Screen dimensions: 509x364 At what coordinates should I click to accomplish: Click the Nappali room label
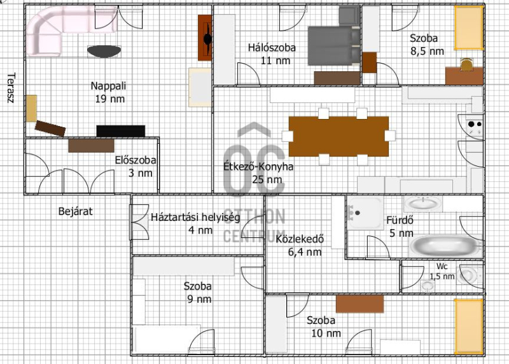[x=108, y=92]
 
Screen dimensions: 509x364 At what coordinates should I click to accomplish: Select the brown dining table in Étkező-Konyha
[x=338, y=136]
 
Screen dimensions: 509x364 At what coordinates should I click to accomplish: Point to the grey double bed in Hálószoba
[x=334, y=46]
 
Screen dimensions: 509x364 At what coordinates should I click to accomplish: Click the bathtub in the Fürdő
[x=445, y=246]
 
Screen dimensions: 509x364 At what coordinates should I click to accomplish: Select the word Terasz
[x=11, y=88]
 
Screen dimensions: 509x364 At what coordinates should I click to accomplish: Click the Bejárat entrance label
[x=75, y=211]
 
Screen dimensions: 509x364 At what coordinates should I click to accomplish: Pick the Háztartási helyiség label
[x=195, y=217]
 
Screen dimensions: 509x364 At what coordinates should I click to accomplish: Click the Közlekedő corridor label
[x=300, y=239]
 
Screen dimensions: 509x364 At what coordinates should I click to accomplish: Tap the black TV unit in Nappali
[x=121, y=131]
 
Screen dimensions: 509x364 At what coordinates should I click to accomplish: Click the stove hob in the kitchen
[x=475, y=128]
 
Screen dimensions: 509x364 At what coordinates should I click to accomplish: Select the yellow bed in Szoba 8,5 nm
[x=468, y=27]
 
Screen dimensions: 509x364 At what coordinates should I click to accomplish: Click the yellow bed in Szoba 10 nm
[x=468, y=326]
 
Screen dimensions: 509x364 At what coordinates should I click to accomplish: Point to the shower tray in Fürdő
[x=365, y=213]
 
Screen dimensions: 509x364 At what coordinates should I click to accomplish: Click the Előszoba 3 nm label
[x=136, y=166]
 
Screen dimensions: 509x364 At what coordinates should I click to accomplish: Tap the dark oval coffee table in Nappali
[x=104, y=52]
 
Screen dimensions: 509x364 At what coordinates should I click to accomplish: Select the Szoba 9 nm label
[x=198, y=293]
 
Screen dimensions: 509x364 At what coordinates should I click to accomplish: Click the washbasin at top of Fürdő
[x=423, y=204]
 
